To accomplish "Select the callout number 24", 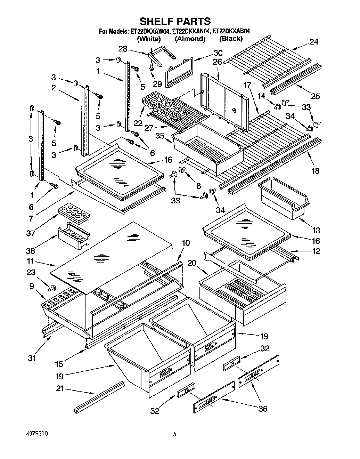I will (x=314, y=42).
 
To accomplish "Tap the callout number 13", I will (x=316, y=230).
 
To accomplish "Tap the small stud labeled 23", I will (x=53, y=288).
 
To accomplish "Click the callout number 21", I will (x=60, y=389).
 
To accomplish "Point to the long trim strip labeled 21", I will (x=99, y=396).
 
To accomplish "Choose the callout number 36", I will (x=263, y=409).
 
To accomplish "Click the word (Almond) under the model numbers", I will (x=190, y=39).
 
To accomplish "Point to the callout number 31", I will (x=32, y=357).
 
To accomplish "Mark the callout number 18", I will (x=315, y=171).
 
